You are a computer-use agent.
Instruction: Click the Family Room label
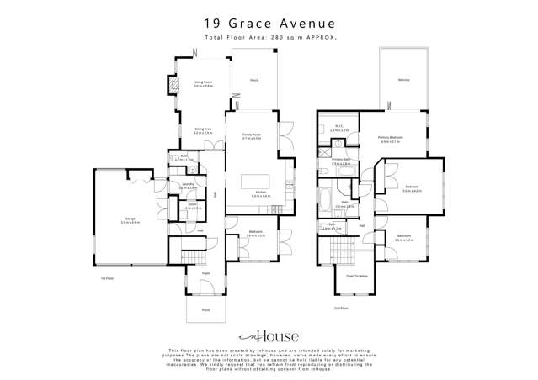click(x=252, y=135)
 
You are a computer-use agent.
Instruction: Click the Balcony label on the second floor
click(x=403, y=80)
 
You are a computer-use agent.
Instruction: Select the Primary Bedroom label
click(x=390, y=139)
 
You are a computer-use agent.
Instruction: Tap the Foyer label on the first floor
click(x=205, y=273)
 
